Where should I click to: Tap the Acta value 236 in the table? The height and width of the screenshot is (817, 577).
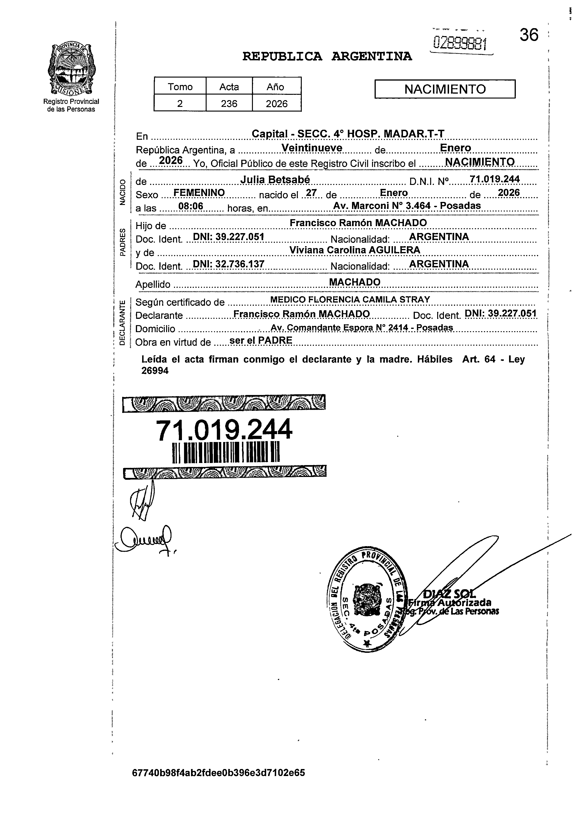(x=229, y=104)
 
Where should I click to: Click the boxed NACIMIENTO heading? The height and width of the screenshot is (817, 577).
(x=445, y=89)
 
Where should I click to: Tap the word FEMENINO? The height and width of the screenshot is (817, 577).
(x=199, y=193)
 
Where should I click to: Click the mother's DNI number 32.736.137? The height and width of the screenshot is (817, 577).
(x=240, y=264)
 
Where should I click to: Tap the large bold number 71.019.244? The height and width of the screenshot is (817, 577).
(x=224, y=430)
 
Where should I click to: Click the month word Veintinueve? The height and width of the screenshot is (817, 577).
(x=312, y=148)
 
